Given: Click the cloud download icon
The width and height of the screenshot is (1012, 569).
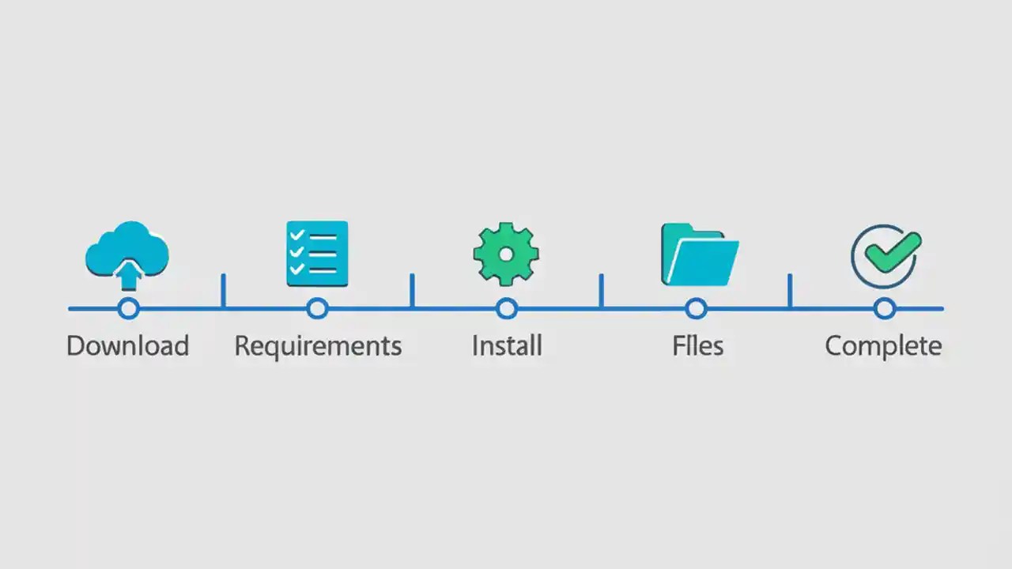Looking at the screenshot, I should tap(127, 249).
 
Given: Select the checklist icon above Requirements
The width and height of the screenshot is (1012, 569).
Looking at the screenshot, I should tap(317, 253).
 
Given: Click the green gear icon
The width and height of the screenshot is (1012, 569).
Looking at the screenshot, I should tap(506, 254).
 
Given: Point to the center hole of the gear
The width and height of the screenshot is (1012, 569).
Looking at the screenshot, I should tap(506, 254).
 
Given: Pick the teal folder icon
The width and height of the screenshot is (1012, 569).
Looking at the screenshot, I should tap(699, 254).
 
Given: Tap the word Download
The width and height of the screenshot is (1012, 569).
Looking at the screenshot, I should tap(127, 346).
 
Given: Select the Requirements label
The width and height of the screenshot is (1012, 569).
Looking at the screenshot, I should tap(318, 346).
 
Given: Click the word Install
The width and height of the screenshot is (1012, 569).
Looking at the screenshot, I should tap(507, 346).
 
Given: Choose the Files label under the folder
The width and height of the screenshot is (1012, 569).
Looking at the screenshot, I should tap(697, 346).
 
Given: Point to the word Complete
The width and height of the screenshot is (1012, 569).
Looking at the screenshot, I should tap(883, 346).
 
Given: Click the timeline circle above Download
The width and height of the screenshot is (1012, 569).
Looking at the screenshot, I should tap(128, 308).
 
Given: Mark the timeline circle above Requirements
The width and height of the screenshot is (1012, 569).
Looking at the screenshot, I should tap(317, 308).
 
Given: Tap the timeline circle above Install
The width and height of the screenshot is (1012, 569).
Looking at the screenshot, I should tap(507, 308).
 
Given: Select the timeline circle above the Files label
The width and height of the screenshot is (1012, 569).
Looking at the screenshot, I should tap(696, 308).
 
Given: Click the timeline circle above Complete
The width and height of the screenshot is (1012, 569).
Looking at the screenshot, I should tap(885, 308).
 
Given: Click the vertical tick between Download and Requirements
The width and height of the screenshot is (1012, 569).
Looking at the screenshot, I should tap(223, 291).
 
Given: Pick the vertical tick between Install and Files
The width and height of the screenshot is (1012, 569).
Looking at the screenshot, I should tap(601, 291).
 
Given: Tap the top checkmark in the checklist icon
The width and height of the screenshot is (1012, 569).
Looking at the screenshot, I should tap(298, 236).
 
